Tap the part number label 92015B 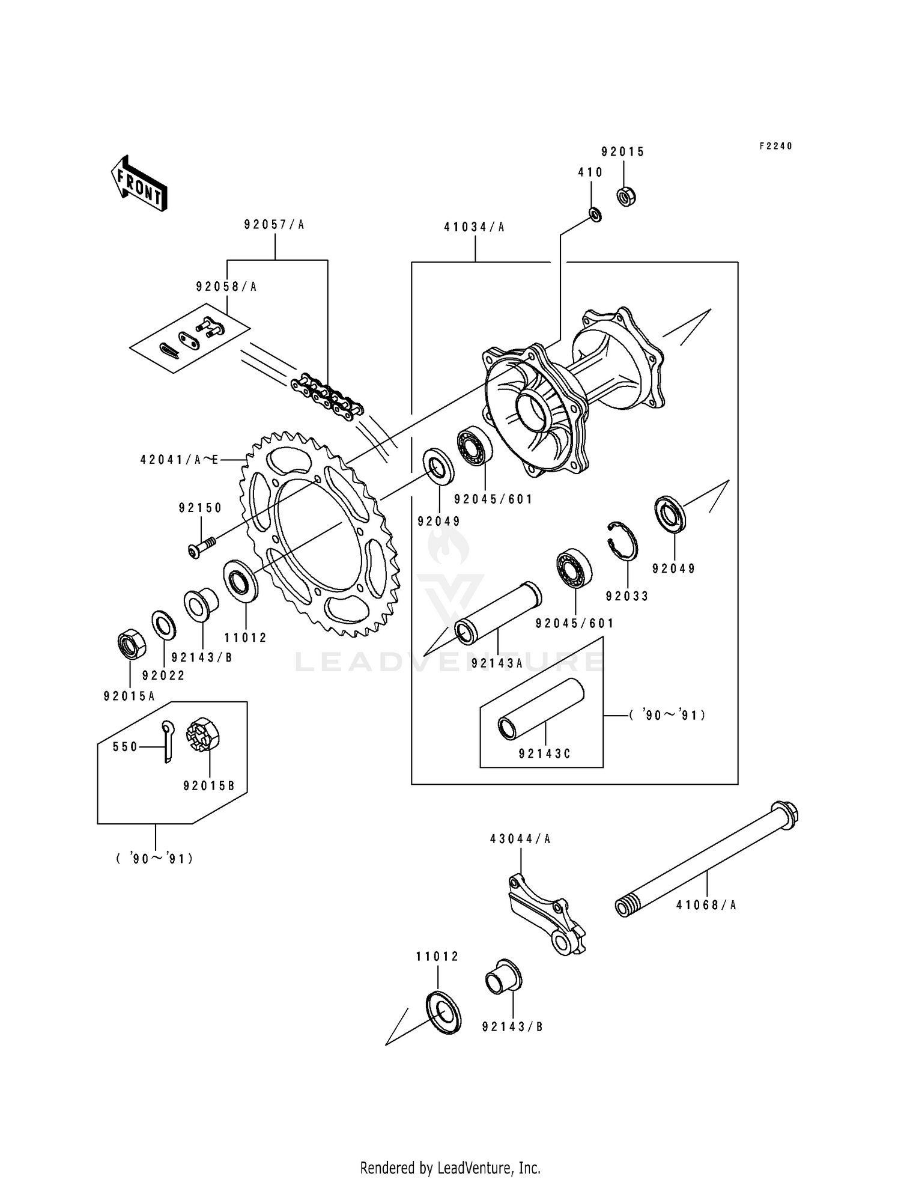208,785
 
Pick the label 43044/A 520,839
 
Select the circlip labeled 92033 623,540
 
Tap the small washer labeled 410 595,213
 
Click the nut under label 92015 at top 627,196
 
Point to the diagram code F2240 775,146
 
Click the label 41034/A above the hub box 475,227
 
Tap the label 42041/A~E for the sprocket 179,460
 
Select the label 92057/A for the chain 275,225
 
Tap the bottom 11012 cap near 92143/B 443,1014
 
